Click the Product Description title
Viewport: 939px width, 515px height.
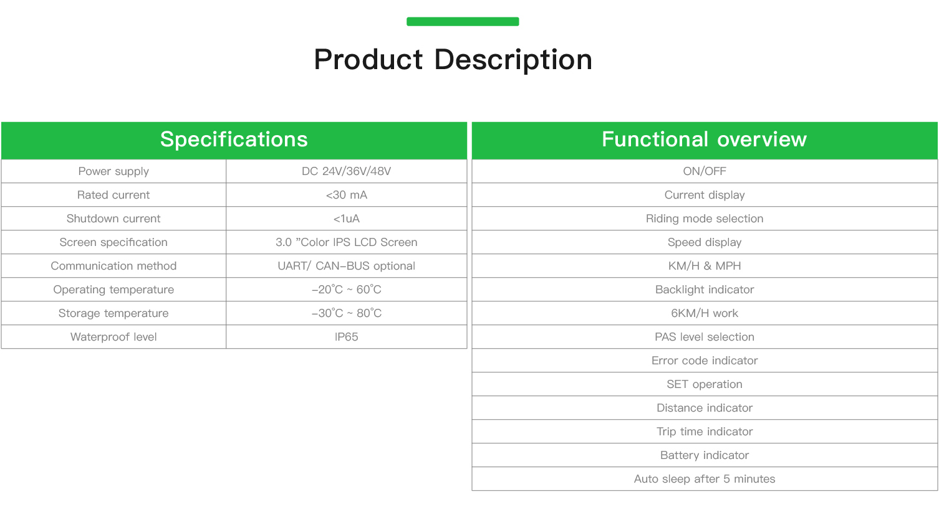tap(453, 60)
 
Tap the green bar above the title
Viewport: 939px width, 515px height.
tap(463, 21)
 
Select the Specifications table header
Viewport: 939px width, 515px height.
tap(234, 139)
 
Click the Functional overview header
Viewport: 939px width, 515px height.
tap(705, 139)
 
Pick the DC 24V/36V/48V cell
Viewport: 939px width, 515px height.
tap(346, 171)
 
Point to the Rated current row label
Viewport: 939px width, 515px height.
tap(113, 195)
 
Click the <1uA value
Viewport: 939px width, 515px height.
tap(346, 219)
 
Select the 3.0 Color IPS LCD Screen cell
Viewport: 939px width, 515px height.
tap(346, 242)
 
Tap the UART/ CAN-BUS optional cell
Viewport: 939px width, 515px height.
tap(346, 266)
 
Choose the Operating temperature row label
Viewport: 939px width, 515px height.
tap(113, 290)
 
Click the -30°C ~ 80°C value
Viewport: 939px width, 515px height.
tap(346, 313)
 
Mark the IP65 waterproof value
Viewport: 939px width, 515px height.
tap(346, 337)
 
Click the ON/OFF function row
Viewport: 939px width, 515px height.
tap(705, 171)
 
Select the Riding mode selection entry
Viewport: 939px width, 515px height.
tap(705, 219)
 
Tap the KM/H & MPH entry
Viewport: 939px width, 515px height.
tap(705, 266)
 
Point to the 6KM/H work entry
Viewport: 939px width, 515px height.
tap(705, 313)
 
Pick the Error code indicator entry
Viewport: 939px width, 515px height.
tap(705, 361)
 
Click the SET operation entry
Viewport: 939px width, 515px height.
tap(705, 384)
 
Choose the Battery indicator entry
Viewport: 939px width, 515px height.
tap(705, 455)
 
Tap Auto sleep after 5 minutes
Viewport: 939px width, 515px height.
tap(705, 479)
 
